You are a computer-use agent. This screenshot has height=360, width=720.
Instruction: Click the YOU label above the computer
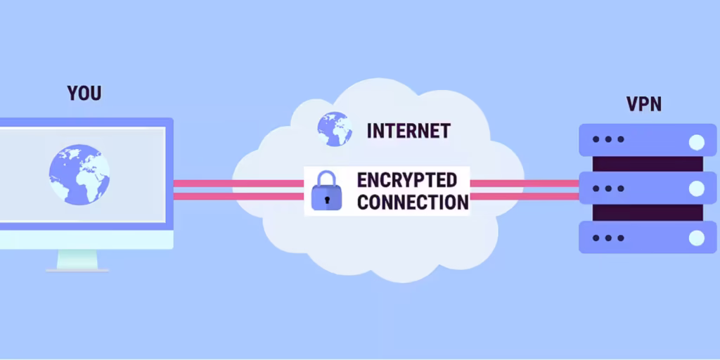84,94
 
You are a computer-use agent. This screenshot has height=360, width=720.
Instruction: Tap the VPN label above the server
644,104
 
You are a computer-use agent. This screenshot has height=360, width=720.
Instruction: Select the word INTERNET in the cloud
409,131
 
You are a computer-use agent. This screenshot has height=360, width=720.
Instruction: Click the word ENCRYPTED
407,181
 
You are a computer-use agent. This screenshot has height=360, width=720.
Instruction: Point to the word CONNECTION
413,202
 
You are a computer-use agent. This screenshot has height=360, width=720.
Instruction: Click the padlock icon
326,191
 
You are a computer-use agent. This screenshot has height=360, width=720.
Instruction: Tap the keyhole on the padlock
326,200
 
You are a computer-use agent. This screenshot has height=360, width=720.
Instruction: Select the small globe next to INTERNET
335,129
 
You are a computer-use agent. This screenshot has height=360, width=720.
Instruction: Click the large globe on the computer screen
79,174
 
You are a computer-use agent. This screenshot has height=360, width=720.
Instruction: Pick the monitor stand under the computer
77,260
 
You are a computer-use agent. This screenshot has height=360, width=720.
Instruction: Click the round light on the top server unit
697,142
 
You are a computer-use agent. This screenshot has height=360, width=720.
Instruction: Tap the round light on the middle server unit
697,188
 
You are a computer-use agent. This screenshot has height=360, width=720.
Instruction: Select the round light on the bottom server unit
697,238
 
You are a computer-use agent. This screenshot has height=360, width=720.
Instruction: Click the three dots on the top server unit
608,139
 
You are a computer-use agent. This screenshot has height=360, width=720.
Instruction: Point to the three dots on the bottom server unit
608,238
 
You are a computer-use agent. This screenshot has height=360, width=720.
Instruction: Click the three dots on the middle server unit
608,188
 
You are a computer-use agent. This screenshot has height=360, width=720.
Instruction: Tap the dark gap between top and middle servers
648,164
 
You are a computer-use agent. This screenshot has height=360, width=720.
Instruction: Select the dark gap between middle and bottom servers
648,212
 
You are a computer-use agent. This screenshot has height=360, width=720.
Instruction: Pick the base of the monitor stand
77,271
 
